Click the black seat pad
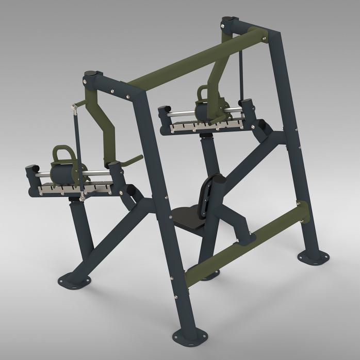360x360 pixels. [187, 217]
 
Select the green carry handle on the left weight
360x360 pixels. [63, 155]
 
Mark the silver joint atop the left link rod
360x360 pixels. [74, 107]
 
